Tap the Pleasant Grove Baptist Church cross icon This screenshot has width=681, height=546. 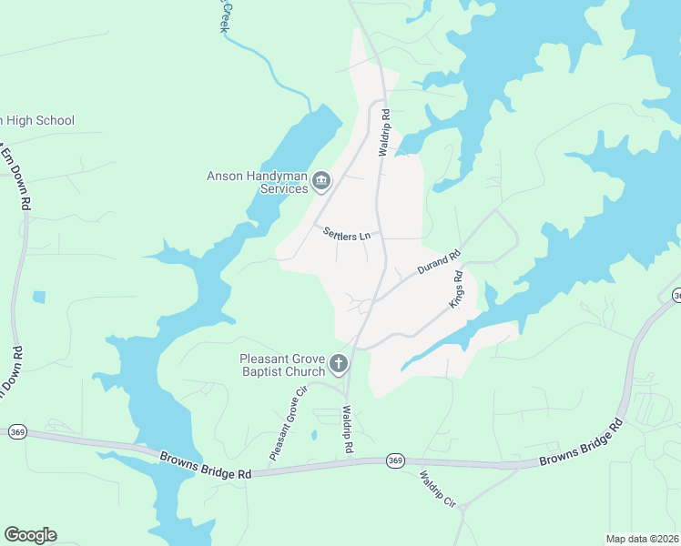click(x=338, y=365)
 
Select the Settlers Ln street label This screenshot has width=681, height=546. click(x=347, y=235)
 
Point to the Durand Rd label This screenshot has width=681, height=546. click(x=440, y=265)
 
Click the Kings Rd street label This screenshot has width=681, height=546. click(x=458, y=288)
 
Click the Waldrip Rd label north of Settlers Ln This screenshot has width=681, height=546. click(x=385, y=133)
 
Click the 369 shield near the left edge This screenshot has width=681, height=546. click(x=17, y=432)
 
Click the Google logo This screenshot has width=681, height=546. click(x=30, y=535)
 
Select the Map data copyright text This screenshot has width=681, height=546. click(x=643, y=539)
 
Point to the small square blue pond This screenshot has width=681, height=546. click(x=38, y=297)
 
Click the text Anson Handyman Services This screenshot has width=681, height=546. click(x=258, y=182)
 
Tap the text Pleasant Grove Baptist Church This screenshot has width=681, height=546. click(x=282, y=365)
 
